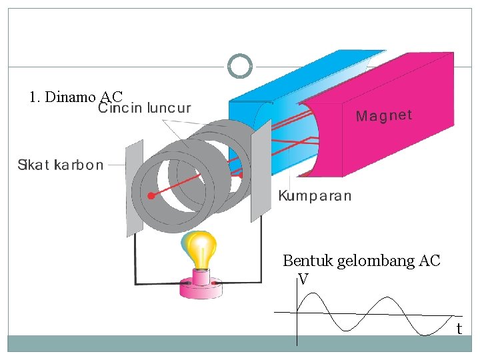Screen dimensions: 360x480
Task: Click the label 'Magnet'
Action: pyautogui.click(x=384, y=116)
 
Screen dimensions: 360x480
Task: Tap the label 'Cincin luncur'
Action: pyautogui.click(x=145, y=108)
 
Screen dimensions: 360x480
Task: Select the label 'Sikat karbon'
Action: pyautogui.click(x=60, y=165)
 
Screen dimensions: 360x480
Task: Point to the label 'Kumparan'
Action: pyautogui.click(x=314, y=196)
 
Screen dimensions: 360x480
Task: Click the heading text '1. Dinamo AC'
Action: pyautogui.click(x=76, y=97)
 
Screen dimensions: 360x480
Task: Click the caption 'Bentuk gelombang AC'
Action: pyautogui.click(x=361, y=261)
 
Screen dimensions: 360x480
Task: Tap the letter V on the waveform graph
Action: pyautogui.click(x=303, y=279)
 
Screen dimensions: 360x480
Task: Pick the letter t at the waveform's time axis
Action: pyautogui.click(x=459, y=329)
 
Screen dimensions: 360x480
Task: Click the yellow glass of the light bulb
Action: pyautogui.click(x=200, y=249)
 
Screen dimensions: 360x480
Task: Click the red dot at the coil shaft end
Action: pyautogui.click(x=151, y=196)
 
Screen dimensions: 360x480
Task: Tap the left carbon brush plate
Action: pyautogui.click(x=134, y=188)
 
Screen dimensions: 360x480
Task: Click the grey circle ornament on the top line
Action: pyautogui.click(x=239, y=66)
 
